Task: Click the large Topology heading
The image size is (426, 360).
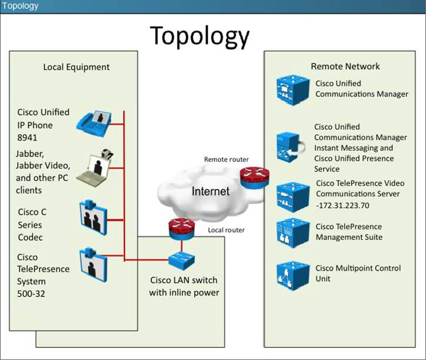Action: click(200, 36)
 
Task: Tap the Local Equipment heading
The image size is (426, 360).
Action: click(77, 67)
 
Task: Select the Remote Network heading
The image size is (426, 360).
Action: click(345, 66)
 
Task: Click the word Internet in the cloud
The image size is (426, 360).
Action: click(210, 191)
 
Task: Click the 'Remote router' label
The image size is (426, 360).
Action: click(226, 160)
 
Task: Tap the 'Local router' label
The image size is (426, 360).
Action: click(226, 230)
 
